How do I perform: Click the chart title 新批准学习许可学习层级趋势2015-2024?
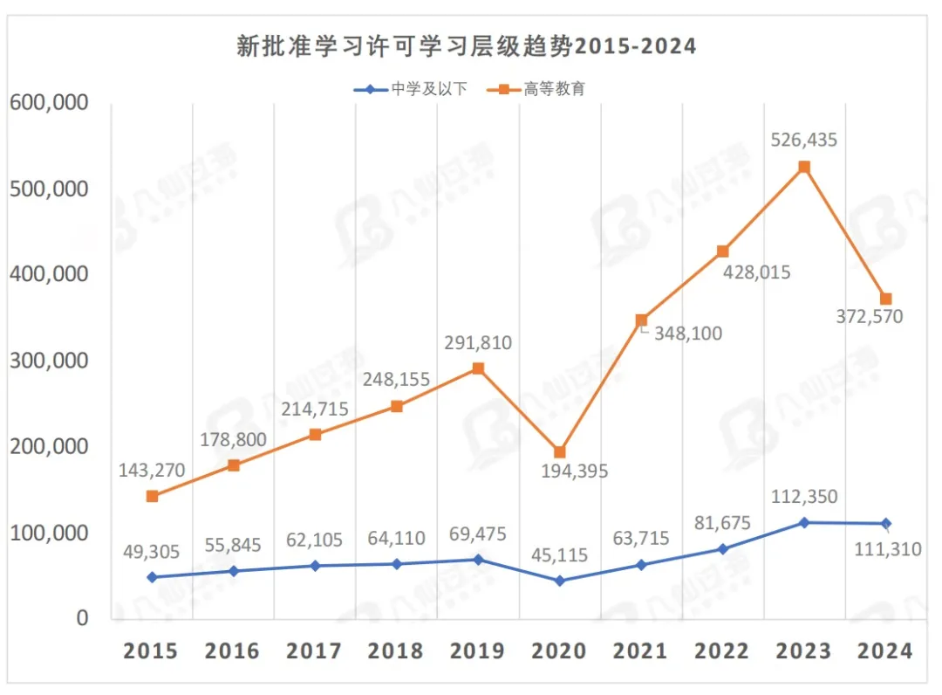(467, 46)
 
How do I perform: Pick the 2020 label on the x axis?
(558, 651)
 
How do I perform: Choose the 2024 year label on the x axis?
(885, 651)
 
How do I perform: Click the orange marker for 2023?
(804, 167)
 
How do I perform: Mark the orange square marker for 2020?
(559, 452)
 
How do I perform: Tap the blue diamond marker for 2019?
(478, 559)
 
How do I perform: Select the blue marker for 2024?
(886, 524)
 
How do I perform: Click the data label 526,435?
(804, 140)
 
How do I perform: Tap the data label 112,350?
(804, 497)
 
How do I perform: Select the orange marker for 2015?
(152, 496)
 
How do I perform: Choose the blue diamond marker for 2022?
(723, 548)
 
